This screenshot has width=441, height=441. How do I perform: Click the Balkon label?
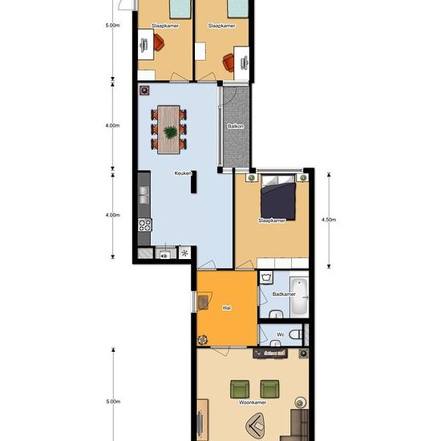tap(236, 126)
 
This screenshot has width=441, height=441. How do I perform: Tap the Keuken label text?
tap(183, 173)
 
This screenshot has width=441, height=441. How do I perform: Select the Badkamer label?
tap(284, 294)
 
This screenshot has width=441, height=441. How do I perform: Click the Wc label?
tap(281, 334)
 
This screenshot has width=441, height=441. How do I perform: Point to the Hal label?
tap(227, 308)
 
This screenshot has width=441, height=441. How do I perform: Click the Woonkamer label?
tap(253, 403)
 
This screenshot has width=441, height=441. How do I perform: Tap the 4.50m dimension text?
tap(329, 220)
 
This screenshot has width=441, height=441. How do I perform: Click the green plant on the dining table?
tap(171, 132)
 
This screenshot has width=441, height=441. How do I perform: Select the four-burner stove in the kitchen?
tap(145, 225)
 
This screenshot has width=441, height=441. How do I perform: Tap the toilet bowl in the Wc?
tap(296, 334)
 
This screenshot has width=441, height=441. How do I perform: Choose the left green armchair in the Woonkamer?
tap(240, 389)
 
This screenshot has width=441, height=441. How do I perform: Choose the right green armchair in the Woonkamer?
tap(269, 389)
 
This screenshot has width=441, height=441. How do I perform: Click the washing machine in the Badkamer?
tap(266, 277)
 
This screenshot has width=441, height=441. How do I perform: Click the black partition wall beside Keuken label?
tap(193, 182)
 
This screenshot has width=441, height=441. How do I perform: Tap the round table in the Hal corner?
tap(203, 340)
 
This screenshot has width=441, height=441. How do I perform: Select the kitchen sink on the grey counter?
tap(144, 195)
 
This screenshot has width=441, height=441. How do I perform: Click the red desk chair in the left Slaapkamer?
tap(158, 42)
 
